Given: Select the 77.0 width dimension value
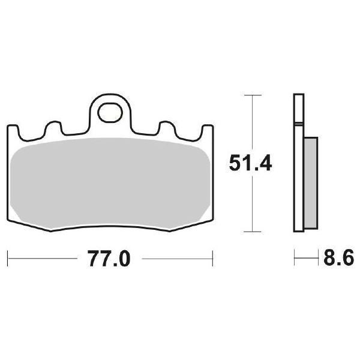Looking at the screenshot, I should (109, 260).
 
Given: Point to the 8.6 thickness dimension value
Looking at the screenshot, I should (338, 260).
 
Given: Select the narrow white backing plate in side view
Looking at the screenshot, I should (298, 162).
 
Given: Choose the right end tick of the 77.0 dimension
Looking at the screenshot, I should (214, 260).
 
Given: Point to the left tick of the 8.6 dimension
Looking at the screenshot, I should (295, 260).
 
